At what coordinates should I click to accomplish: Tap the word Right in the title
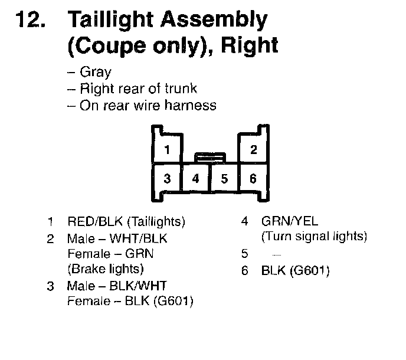pyautogui.click(x=249, y=46)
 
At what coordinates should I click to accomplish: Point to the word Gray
pyautogui.click(x=96, y=73)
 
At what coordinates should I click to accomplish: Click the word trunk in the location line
pyautogui.click(x=181, y=89)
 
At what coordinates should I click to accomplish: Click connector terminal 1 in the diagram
pyautogui.click(x=167, y=149)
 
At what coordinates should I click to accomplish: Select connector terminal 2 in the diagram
pyautogui.click(x=253, y=149)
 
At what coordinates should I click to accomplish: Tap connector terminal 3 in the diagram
pyautogui.click(x=167, y=178)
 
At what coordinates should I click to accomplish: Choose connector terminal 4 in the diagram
pyautogui.click(x=196, y=178)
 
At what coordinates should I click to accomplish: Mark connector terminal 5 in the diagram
pyautogui.click(x=224, y=178)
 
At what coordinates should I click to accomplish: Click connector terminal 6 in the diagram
pyautogui.click(x=253, y=178)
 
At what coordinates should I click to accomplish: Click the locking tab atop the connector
pyautogui.click(x=210, y=157)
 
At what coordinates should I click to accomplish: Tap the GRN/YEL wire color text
pyautogui.click(x=289, y=222)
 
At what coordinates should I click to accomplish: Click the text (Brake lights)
pyautogui.click(x=106, y=269)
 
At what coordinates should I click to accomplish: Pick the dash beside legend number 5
pyautogui.click(x=277, y=255)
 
